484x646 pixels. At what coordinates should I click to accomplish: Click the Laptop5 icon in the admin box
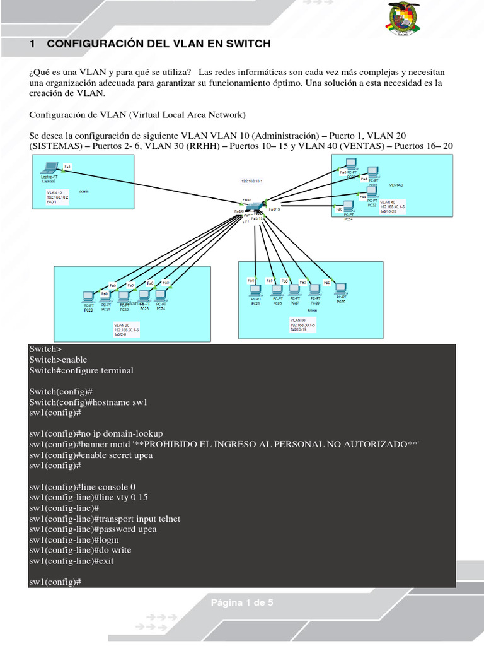[48, 168]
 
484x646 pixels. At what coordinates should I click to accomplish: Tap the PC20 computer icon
[88, 296]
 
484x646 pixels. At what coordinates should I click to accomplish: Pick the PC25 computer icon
[255, 291]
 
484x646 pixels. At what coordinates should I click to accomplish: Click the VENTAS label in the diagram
[396, 185]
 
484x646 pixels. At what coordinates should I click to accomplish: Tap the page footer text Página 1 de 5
[242, 603]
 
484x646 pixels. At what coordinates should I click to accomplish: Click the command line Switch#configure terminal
[81, 370]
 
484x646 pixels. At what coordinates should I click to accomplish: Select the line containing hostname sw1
[88, 402]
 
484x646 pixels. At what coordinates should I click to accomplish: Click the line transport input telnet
[105, 519]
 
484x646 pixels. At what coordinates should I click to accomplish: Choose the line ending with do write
[80, 550]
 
